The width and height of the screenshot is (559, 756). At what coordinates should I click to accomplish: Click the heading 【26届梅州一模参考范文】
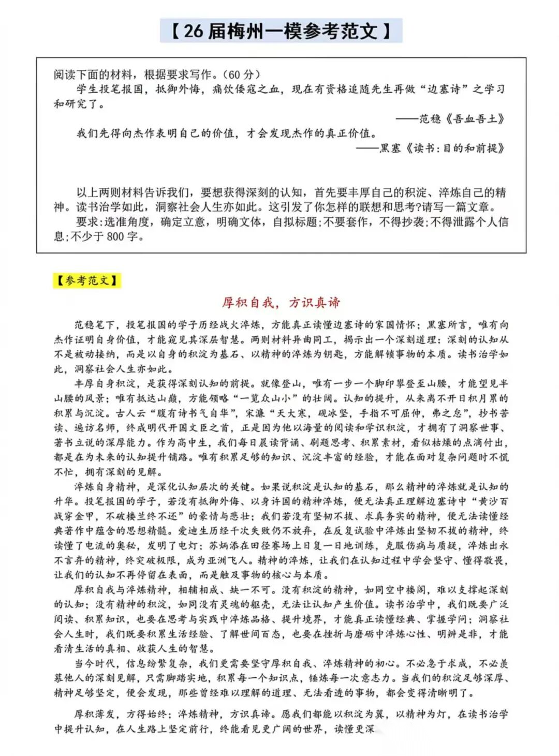(281, 31)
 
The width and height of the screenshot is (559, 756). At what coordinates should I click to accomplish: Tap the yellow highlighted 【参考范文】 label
(86, 281)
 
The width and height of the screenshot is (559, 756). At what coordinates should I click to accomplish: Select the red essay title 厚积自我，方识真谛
(281, 302)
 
